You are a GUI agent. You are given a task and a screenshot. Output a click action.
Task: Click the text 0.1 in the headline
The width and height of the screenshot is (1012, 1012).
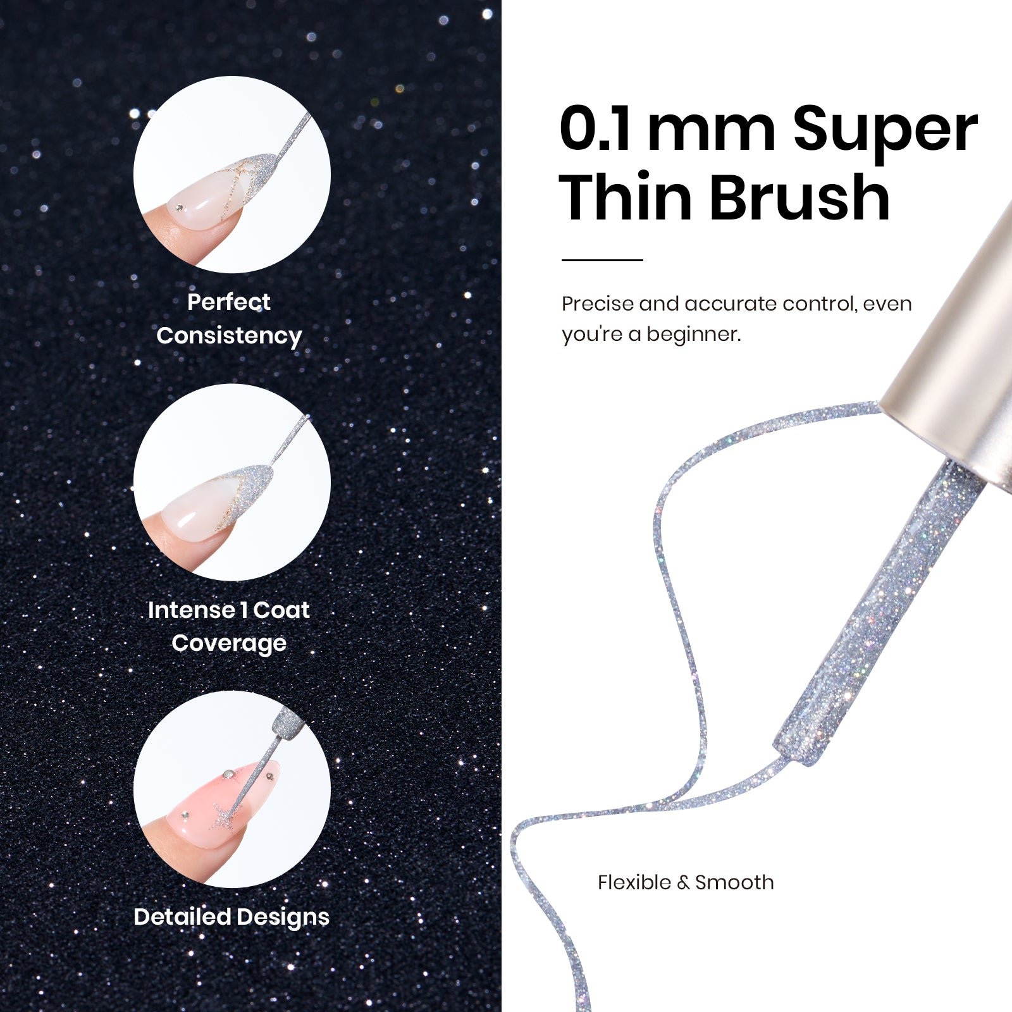pos(595,130)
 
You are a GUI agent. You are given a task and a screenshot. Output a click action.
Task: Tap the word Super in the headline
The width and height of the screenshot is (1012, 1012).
pos(885,133)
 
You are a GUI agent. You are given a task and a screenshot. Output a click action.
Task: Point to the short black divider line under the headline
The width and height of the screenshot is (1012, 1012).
pos(602,260)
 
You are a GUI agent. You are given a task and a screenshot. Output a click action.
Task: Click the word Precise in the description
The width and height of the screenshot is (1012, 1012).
pos(598,304)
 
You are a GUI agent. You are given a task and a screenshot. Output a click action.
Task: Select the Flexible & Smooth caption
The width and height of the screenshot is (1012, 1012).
pos(686,882)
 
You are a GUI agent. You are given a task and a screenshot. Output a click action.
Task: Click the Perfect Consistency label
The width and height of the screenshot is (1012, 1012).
pos(229,319)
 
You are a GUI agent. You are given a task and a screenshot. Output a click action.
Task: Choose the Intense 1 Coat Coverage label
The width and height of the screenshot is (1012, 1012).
pos(229,626)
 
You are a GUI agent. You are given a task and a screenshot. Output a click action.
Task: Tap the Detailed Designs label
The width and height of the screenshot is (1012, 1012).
pos(231,917)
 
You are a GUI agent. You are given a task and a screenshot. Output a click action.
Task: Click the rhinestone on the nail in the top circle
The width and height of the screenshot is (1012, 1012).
pos(180,207)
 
